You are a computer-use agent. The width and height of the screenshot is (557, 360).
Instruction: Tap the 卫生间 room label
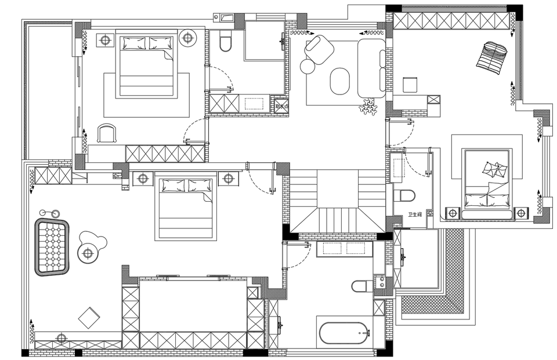click(x=415, y=214)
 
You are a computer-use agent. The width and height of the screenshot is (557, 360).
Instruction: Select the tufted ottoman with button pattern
click(x=52, y=247)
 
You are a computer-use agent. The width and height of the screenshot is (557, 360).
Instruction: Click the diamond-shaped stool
click(x=89, y=317)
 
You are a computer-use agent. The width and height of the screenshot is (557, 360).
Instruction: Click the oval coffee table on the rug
click(x=340, y=81)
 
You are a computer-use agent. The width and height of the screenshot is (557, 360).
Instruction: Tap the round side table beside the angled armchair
click(x=307, y=67)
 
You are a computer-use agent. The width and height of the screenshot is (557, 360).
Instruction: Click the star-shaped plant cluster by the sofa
click(x=368, y=106)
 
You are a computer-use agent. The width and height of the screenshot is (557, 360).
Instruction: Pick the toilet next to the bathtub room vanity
click(x=361, y=286)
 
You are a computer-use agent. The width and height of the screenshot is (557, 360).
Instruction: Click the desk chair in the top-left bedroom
click(x=107, y=133)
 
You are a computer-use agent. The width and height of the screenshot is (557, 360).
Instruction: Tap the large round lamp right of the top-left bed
click(x=187, y=38)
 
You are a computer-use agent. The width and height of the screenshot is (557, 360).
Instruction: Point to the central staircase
click(x=337, y=200)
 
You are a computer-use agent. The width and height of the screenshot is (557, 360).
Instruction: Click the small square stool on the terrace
click(x=411, y=85)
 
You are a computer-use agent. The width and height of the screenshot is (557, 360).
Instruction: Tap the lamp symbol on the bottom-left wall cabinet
click(x=62, y=338)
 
